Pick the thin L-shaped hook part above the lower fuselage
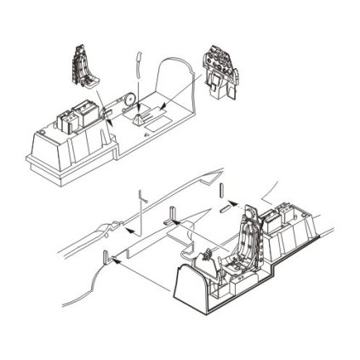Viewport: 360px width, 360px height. (x=118, y=209)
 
